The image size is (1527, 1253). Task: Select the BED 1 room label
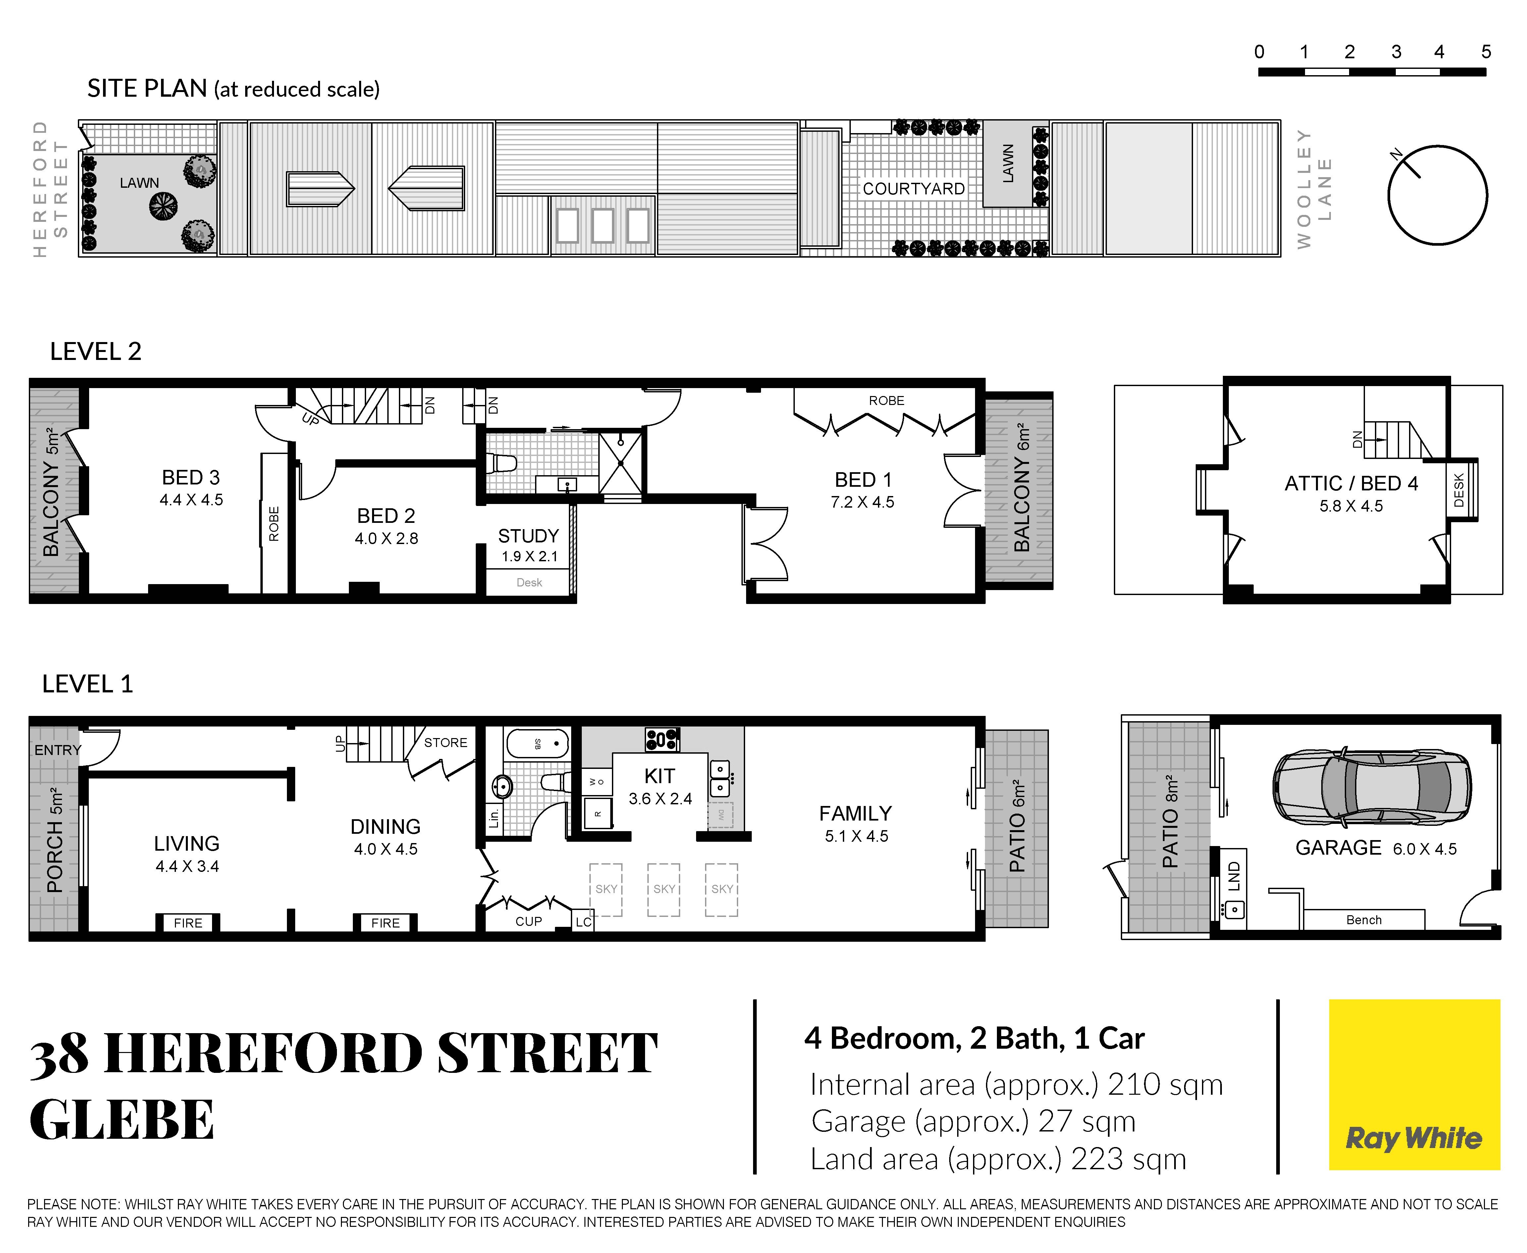[x=863, y=480]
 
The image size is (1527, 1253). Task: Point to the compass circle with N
[x=1438, y=195]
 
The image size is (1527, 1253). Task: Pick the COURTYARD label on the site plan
[x=914, y=189]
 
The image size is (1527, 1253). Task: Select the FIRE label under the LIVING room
[x=188, y=923]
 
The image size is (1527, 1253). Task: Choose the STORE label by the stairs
[x=446, y=743]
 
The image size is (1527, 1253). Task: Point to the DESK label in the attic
[x=1458, y=490]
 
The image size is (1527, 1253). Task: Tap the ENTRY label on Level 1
[x=58, y=750]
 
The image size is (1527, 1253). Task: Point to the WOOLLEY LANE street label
[x=1314, y=189]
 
